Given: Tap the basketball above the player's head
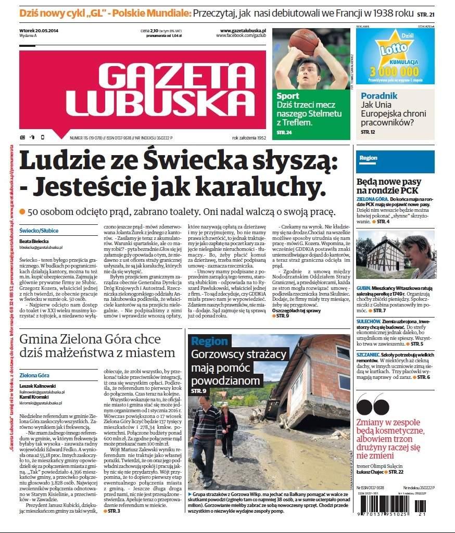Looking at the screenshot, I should [x=304, y=41].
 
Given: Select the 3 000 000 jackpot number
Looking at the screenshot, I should [x=395, y=71].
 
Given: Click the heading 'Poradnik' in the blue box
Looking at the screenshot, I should [x=378, y=96].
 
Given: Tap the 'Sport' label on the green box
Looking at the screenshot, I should [x=287, y=96].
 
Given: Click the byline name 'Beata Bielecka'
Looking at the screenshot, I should [x=34, y=242].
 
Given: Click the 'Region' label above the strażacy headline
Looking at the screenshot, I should [x=209, y=341].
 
